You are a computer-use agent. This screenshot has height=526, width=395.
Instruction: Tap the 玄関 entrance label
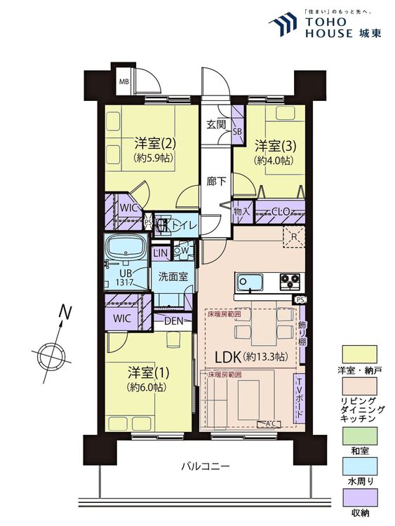[x=215, y=125]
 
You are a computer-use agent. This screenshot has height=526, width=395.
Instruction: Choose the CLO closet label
[x=282, y=211]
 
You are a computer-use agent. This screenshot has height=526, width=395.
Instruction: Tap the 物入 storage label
[x=241, y=211]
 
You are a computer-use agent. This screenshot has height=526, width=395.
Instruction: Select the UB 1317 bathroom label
[x=126, y=276]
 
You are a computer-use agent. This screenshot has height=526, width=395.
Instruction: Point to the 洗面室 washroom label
[x=172, y=276]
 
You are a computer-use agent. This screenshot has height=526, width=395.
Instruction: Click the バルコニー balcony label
[x=205, y=466]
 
